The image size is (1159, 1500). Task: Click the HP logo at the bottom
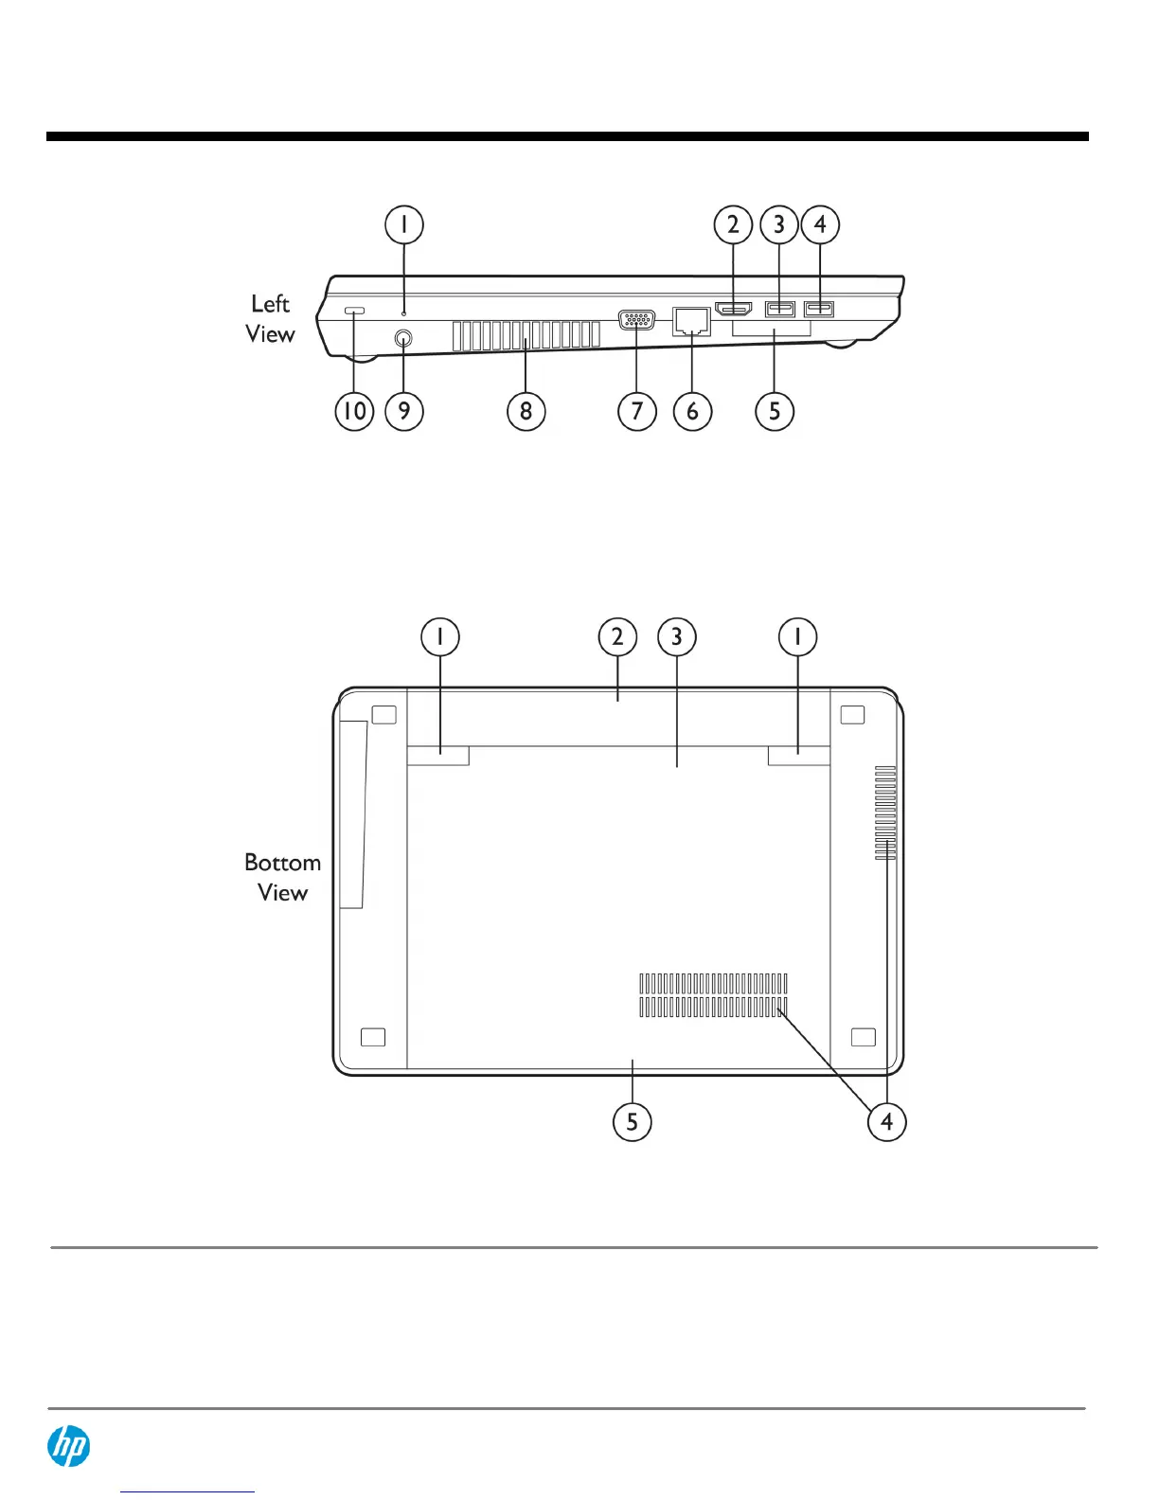click(x=69, y=1447)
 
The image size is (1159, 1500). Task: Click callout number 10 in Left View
click(x=354, y=411)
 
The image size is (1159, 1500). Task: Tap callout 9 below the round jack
click(x=404, y=411)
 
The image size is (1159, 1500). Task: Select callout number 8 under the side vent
click(x=526, y=411)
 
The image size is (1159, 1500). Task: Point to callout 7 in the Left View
click(x=636, y=411)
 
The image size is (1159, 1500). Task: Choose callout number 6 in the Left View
click(x=692, y=411)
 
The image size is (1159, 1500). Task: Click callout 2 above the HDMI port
click(x=733, y=225)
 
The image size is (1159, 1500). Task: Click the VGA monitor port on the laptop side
click(x=636, y=320)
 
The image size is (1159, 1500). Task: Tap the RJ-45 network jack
click(x=692, y=320)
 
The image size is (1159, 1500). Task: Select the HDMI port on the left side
click(x=734, y=309)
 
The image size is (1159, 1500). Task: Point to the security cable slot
click(x=354, y=311)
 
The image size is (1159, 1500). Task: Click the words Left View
click(x=271, y=319)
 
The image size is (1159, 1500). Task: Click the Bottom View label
click(x=282, y=878)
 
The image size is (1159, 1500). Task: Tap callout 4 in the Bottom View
click(x=886, y=1122)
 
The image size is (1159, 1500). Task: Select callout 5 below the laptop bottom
click(x=632, y=1122)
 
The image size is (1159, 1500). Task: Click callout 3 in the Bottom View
click(x=676, y=636)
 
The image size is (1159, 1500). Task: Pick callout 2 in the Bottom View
click(x=617, y=636)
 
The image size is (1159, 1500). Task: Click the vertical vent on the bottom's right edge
click(x=885, y=813)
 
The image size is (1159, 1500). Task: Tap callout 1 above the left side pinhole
click(x=404, y=225)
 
